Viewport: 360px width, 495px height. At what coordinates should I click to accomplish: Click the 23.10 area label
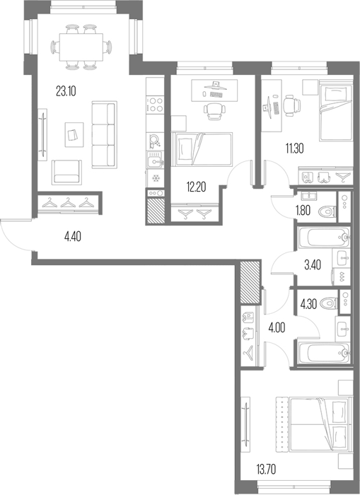pos(66,91)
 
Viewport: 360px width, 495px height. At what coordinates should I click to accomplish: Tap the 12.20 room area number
pos(196,187)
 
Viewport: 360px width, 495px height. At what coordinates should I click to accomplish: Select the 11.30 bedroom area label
pos(295,148)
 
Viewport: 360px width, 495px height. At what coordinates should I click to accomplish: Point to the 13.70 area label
pos(266,470)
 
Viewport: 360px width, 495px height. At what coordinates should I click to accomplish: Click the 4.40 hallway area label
pos(72,236)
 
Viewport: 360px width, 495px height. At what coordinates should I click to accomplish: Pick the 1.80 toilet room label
pos(303,210)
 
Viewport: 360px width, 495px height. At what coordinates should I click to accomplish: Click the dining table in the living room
pos(81,47)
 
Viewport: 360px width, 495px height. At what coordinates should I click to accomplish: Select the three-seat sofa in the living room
pos(104,135)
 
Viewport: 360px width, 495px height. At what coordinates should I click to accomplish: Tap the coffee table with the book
pos(74,135)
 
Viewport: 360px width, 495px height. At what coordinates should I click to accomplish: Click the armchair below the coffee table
pos(66,171)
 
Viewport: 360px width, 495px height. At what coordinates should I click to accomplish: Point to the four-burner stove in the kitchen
pos(156,105)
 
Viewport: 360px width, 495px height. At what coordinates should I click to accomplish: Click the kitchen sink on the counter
pos(155,161)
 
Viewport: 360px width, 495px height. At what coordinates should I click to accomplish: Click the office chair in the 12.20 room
pos(215,112)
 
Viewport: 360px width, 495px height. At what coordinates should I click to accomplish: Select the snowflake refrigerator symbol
pos(155,179)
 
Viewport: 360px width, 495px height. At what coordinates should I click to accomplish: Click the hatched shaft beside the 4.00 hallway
pos(250,283)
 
